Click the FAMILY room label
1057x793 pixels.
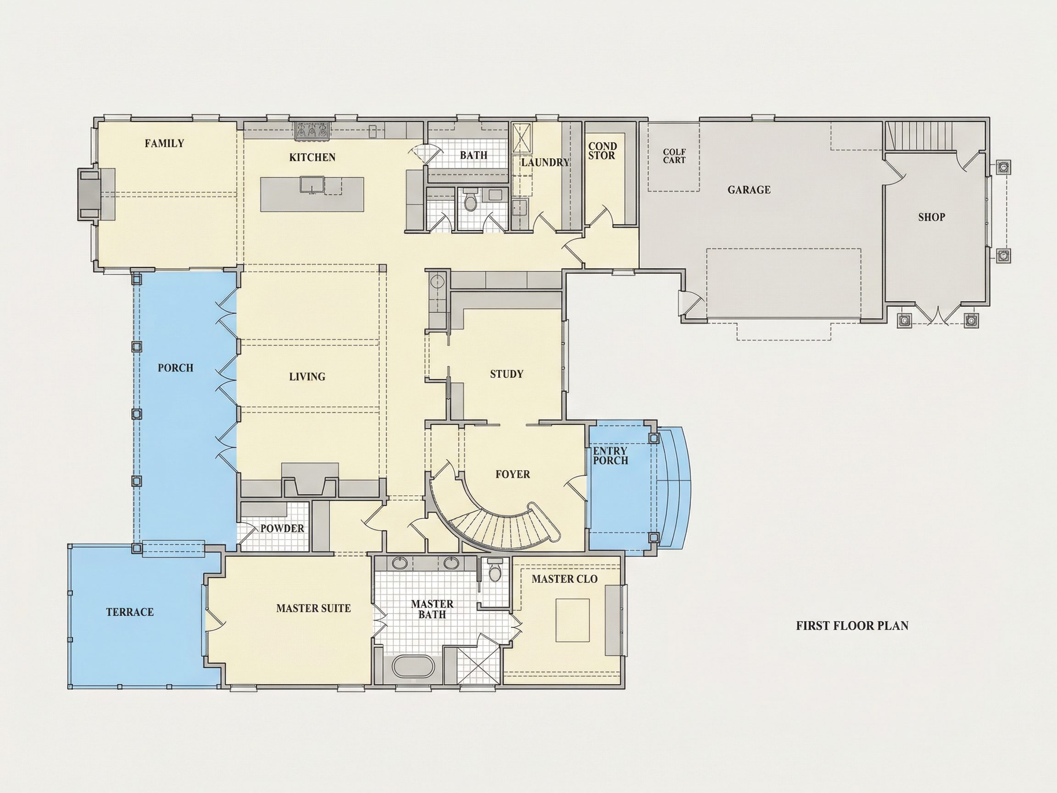164,143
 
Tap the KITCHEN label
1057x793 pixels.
312,157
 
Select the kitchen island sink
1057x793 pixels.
313,185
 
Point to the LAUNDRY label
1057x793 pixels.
545,162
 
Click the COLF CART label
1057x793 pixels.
674,156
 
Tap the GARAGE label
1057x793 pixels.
749,190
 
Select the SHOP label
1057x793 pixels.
931,218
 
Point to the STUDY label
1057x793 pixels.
506,374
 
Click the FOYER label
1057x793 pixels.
513,474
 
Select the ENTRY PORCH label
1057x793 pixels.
610,456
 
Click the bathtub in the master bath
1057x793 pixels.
413,667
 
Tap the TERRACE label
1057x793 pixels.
130,612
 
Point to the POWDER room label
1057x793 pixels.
282,529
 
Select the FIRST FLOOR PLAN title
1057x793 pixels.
852,625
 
